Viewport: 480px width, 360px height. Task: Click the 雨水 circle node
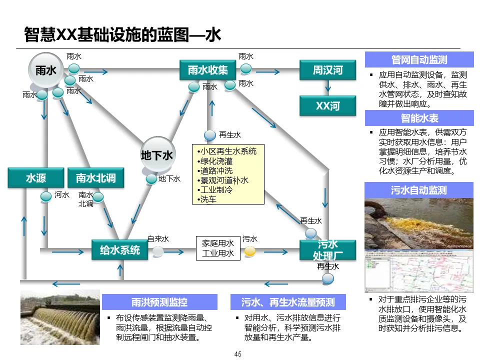[x=46, y=70]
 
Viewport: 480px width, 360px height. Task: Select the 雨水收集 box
[x=207, y=70]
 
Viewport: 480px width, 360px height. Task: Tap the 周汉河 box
[x=327, y=70]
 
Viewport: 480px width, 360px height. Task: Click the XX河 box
[x=327, y=106]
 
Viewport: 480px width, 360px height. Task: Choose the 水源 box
[x=36, y=178]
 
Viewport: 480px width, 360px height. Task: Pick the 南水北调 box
[x=95, y=178]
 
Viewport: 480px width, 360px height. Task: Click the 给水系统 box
[x=120, y=250]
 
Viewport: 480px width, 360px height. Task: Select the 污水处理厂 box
[x=327, y=250]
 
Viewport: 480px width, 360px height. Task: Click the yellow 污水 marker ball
[x=250, y=251]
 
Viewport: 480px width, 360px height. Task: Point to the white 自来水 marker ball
[x=158, y=251]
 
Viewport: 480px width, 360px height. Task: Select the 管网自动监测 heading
[x=419, y=60]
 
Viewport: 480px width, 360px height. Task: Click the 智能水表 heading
[x=419, y=118]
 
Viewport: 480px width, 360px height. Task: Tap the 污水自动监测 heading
[x=419, y=190]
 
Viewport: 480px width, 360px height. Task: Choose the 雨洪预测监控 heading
[x=159, y=302]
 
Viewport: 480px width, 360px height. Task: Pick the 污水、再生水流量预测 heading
[x=288, y=302]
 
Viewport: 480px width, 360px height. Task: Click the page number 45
[x=238, y=354]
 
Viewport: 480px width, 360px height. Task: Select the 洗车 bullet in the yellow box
[x=208, y=199]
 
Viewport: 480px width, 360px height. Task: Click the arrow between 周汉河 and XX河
[x=327, y=87]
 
